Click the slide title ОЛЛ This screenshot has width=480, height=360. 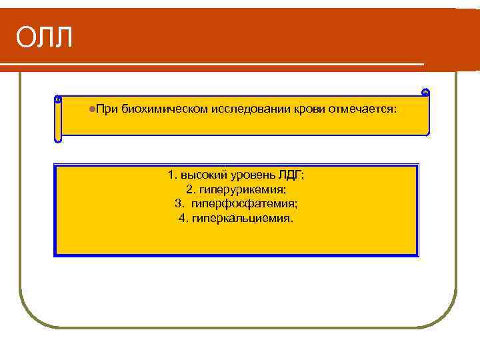pyautogui.click(x=45, y=37)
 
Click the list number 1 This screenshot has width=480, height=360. pyautogui.click(x=171, y=175)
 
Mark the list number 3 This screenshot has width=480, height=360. pyautogui.click(x=178, y=203)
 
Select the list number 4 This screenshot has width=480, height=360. pyautogui.click(x=183, y=218)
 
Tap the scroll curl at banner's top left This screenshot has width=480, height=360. pyautogui.click(x=58, y=99)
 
